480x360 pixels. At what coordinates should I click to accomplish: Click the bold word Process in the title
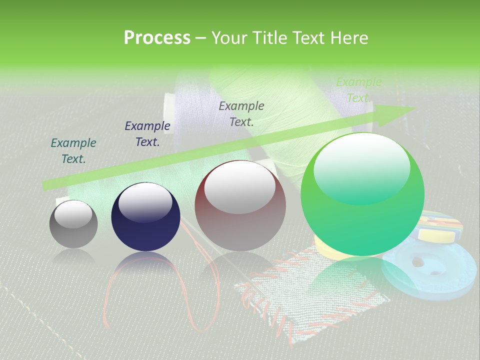(157, 38)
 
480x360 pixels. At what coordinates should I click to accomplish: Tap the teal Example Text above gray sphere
(73, 151)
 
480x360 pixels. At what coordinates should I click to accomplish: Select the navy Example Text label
(147, 134)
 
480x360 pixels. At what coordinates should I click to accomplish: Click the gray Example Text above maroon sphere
(241, 113)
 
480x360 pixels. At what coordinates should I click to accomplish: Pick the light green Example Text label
(358, 90)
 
